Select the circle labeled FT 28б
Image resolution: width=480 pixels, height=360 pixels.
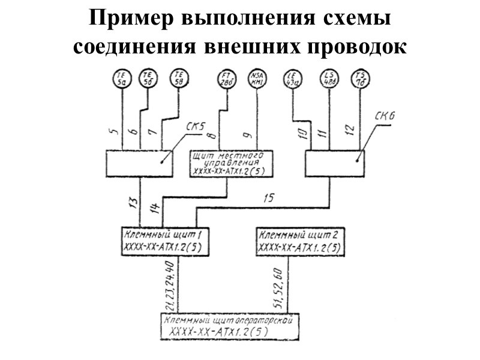[x=226, y=79]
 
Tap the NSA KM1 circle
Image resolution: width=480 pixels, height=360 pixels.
[x=257, y=79]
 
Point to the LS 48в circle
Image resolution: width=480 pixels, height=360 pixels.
[x=329, y=79]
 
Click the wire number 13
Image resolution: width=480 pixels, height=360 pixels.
[x=133, y=203]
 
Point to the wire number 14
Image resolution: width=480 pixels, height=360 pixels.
[x=154, y=208]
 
